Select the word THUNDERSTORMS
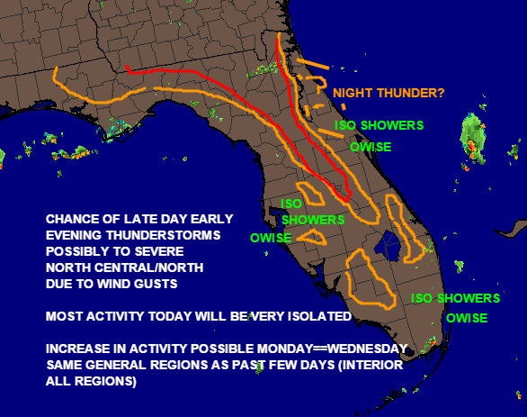coord(164,235)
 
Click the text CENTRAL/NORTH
coord(149,267)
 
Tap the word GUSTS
coord(156,284)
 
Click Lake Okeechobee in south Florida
coord(388,246)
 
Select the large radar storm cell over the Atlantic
coord(473,140)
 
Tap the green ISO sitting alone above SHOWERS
coord(291,204)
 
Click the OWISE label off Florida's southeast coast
coord(467,318)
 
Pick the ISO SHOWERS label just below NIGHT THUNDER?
coord(380,125)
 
